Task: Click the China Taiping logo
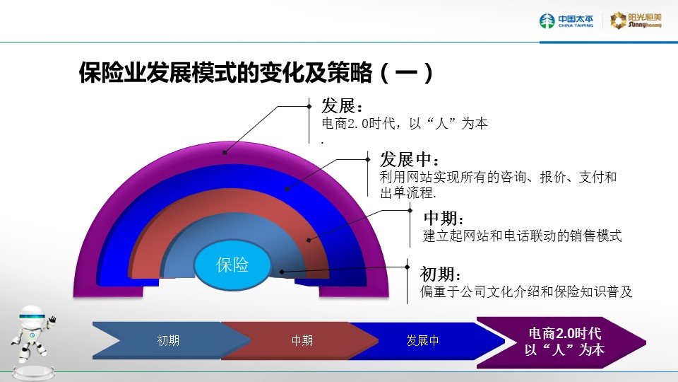566,21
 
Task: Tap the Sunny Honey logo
636,21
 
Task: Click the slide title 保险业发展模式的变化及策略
225,72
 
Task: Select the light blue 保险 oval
232,264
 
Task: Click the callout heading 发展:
342,105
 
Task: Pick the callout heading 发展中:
409,159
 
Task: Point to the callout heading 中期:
444,218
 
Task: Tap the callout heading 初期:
440,274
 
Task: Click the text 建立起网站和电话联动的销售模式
523,236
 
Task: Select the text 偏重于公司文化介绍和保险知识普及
526,291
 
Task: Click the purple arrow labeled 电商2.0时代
561,342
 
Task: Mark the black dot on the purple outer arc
225,153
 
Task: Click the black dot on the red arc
309,240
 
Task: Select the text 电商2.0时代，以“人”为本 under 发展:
405,123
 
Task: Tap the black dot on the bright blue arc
287,189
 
